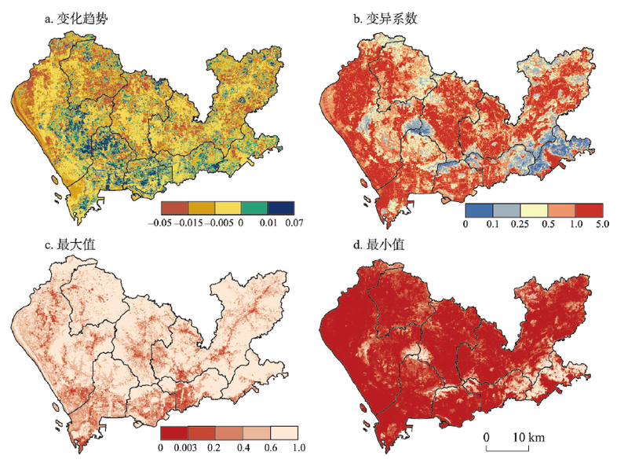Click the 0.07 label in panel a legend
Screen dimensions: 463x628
pos(294,223)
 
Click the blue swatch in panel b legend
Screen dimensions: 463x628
pos(480,210)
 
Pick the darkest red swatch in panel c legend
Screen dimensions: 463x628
pos(174,432)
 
